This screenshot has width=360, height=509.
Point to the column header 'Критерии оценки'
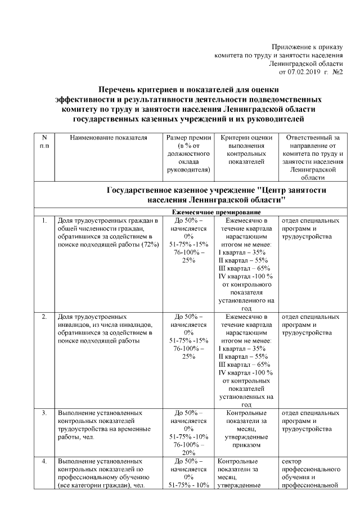[246, 137]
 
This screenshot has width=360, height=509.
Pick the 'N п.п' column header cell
[44, 141]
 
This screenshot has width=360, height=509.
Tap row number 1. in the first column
[44, 220]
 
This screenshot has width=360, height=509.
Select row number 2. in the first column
[44, 317]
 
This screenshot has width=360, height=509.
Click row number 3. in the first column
[44, 413]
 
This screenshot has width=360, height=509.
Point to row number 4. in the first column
[44, 462]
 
